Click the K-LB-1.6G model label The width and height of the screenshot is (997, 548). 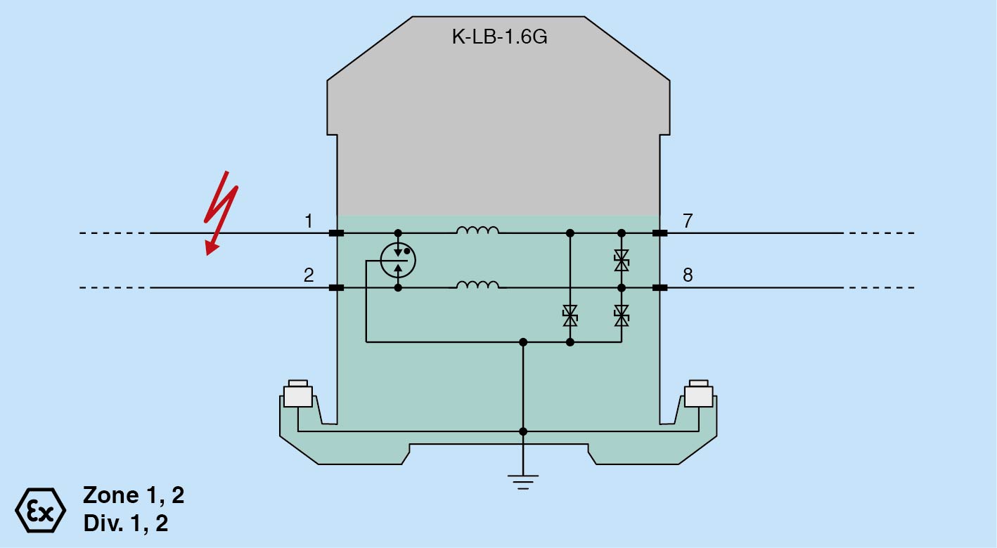[499, 37]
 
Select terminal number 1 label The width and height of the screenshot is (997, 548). [309, 222]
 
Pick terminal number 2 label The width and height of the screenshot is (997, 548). [309, 275]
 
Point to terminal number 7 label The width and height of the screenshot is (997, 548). [688, 222]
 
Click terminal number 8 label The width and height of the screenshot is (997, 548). [688, 275]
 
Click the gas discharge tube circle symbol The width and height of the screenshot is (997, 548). [398, 261]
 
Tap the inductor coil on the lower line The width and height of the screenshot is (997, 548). [478, 285]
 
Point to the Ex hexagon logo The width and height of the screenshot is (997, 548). [40, 509]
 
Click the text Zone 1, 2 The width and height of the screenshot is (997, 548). [134, 495]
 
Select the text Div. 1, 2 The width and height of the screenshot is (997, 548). [126, 523]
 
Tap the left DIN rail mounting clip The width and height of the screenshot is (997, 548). [297, 395]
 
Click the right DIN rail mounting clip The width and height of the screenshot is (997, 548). [699, 395]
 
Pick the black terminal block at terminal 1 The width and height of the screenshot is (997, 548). [336, 233]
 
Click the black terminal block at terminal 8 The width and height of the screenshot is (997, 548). [660, 287]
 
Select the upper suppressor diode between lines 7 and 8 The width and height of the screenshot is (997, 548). [621, 261]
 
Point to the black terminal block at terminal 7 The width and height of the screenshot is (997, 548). [660, 233]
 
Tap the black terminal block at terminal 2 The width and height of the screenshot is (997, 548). [336, 287]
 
